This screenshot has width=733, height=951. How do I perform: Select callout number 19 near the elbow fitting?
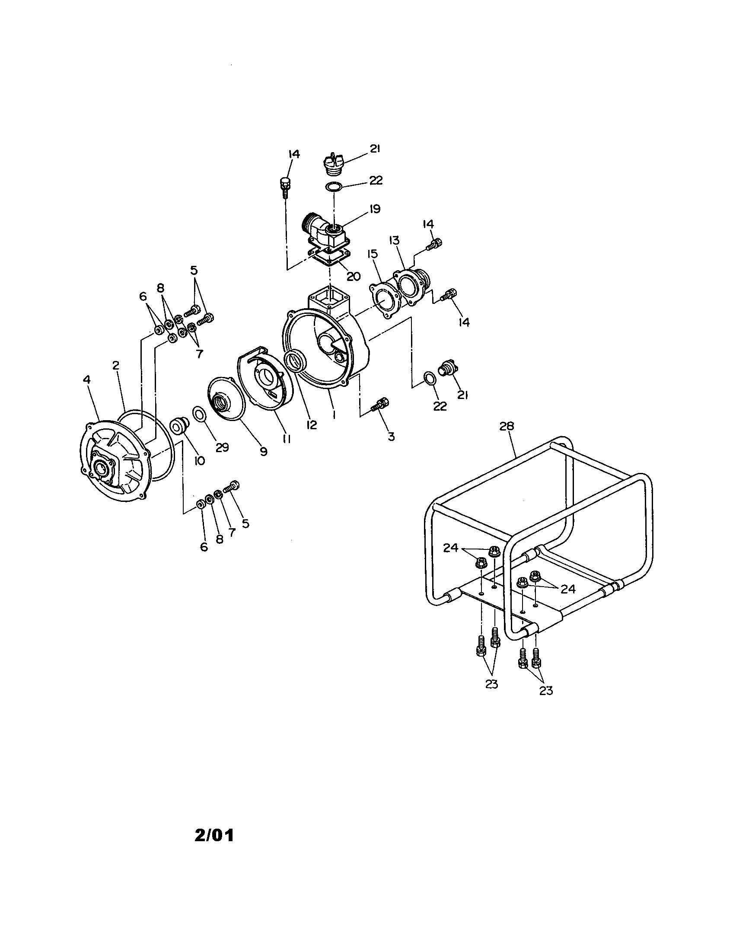(374, 209)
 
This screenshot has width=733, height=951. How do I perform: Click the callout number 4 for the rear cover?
(86, 380)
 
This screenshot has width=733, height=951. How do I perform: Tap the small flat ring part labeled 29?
(199, 414)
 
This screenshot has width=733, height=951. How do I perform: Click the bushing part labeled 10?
(178, 426)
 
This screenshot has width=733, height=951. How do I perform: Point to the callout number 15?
(373, 254)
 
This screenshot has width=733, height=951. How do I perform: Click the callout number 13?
(394, 240)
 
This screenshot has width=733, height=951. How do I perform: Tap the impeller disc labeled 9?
(226, 399)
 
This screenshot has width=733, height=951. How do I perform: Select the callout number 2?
(115, 365)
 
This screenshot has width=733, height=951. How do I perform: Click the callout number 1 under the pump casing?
(333, 415)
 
